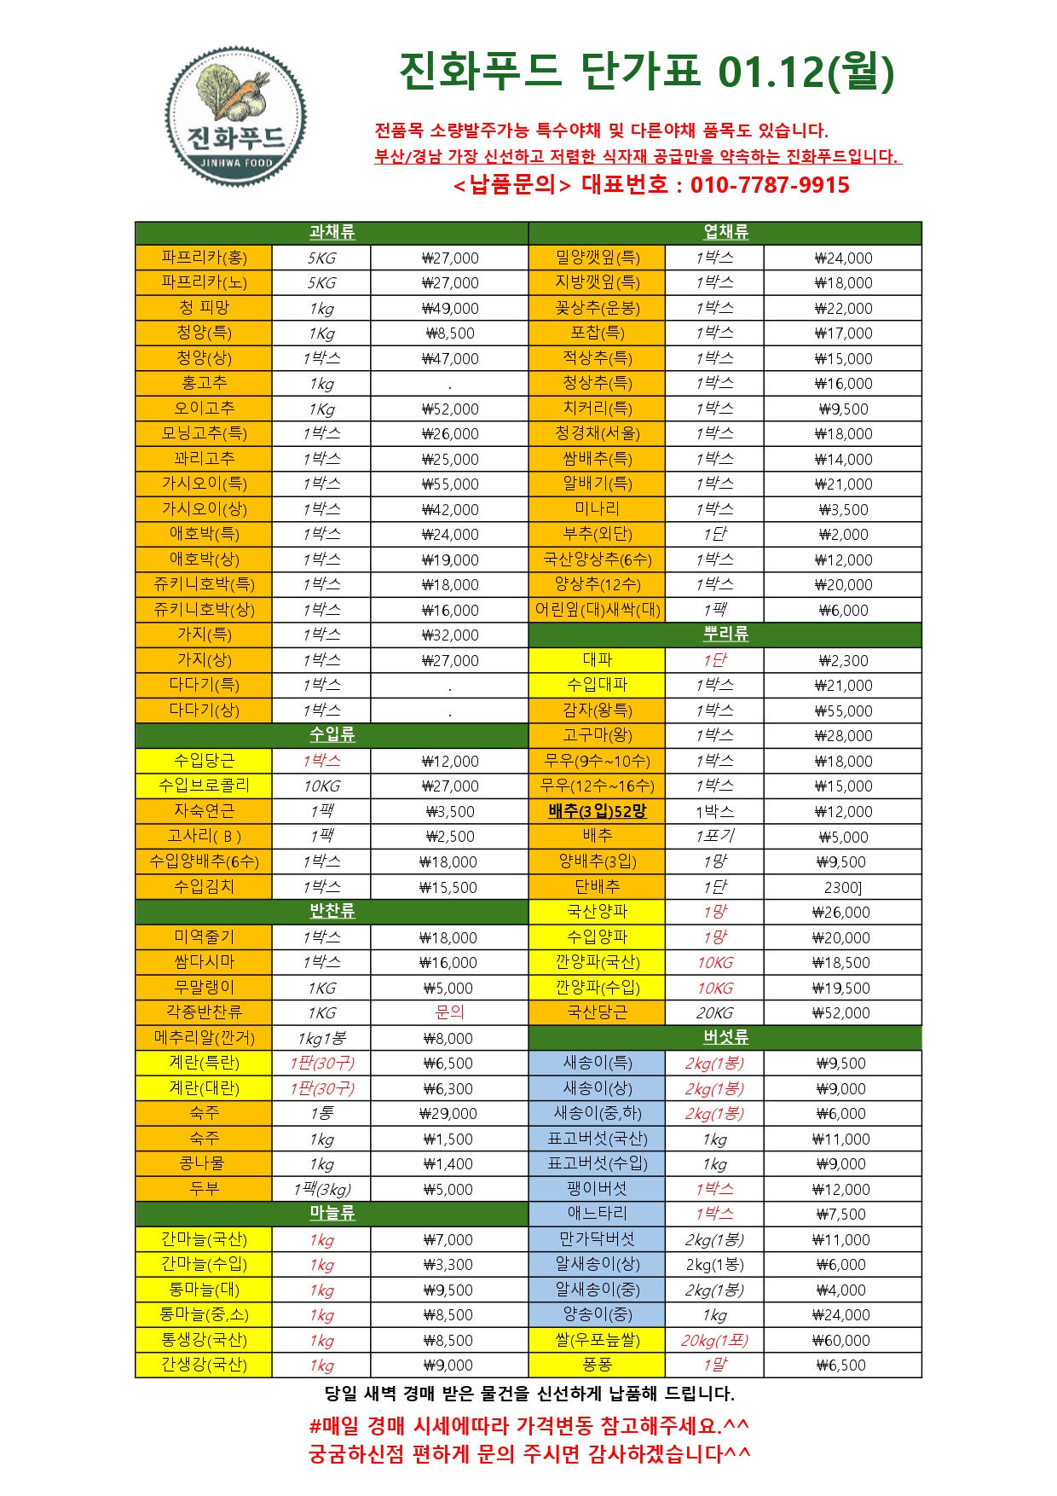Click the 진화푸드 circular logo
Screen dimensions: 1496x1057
click(235, 117)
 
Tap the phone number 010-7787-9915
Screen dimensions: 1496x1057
click(770, 185)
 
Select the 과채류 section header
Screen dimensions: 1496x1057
click(332, 233)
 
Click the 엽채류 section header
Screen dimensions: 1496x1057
click(725, 233)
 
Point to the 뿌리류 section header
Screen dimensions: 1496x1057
click(725, 635)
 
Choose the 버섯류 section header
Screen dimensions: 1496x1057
click(725, 1037)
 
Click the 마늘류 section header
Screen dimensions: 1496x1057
click(332, 1214)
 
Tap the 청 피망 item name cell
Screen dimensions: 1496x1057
click(204, 308)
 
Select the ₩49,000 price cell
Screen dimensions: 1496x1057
click(450, 309)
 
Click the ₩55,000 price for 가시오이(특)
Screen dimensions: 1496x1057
click(450, 484)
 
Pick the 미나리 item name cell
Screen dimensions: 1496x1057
click(597, 509)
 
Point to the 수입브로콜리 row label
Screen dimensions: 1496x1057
click(204, 786)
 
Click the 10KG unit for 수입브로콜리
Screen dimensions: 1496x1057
click(321, 786)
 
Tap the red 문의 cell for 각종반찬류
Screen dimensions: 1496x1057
click(450, 1012)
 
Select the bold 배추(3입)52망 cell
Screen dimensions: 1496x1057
click(597, 811)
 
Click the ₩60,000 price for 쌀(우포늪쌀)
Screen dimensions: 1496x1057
click(841, 1341)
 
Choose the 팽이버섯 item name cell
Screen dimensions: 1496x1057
click(597, 1189)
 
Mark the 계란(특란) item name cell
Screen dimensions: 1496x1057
click(204, 1064)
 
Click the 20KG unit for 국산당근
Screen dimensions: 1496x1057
click(714, 1013)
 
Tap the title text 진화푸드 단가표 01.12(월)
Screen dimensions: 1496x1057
click(647, 72)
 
